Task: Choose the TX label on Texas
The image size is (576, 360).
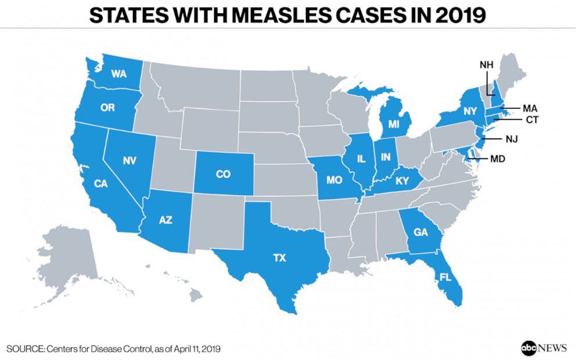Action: [x=279, y=258]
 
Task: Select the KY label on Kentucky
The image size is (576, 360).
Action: [x=403, y=181]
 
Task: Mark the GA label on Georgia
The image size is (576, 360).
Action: [x=421, y=232]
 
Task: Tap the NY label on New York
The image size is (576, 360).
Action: [x=470, y=111]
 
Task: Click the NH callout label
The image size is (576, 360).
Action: [x=486, y=64]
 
